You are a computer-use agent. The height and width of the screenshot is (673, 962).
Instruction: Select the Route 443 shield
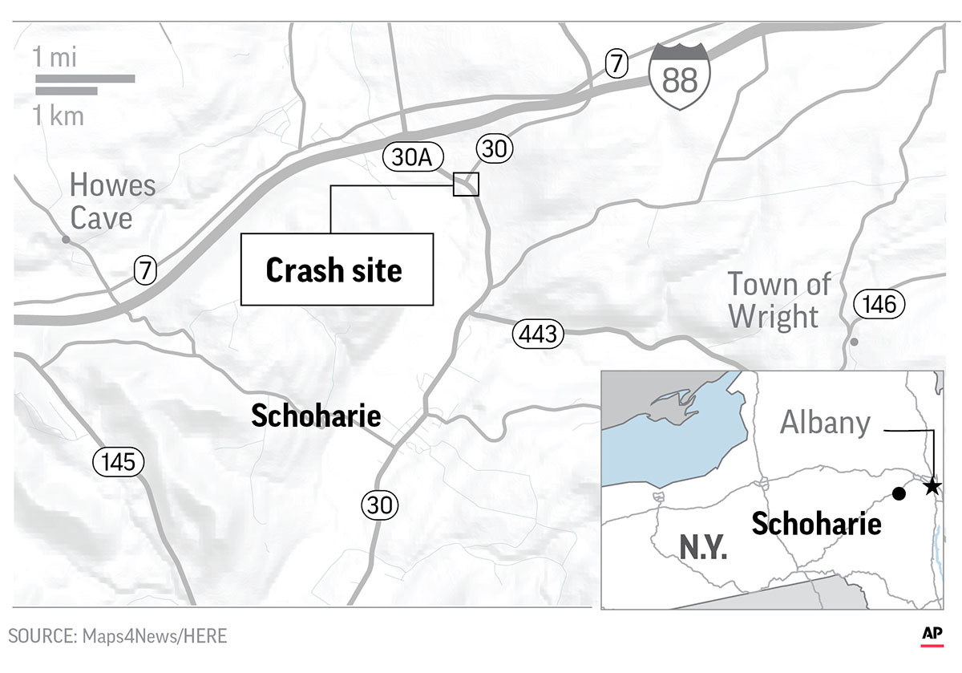coord(538,334)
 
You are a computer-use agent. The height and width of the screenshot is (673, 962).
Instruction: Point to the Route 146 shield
coord(879,305)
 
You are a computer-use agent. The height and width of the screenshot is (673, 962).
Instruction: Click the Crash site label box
coord(337,270)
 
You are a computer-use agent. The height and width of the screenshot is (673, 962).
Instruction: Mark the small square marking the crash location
coord(466,184)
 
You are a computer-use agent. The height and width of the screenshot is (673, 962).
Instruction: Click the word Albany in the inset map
coord(825,422)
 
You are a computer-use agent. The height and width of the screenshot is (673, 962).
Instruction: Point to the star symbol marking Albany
coord(932,486)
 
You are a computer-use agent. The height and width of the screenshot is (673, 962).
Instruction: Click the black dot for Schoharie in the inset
coord(899,493)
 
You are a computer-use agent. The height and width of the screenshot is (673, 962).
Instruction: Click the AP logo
coord(932,634)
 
